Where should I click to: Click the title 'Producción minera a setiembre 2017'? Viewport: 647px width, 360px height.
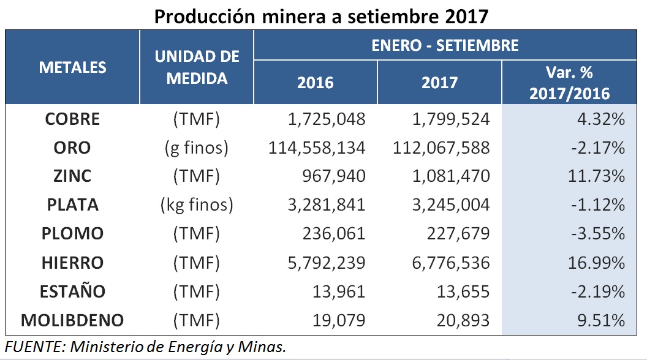point(321,15)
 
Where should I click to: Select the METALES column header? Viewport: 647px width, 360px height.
point(73,67)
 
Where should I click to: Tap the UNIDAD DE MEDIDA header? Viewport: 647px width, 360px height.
point(197,67)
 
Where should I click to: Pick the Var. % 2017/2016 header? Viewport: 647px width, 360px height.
point(569,83)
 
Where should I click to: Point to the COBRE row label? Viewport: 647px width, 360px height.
point(73,119)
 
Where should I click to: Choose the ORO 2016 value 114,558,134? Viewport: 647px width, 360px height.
point(317,148)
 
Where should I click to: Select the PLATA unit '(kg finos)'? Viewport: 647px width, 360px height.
point(197,205)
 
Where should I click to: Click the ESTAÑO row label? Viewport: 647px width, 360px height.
point(73,291)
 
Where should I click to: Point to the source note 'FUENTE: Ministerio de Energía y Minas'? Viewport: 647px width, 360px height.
point(145,347)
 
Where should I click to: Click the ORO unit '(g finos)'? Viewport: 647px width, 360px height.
point(197,148)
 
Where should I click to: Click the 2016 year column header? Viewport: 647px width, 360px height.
point(316,83)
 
